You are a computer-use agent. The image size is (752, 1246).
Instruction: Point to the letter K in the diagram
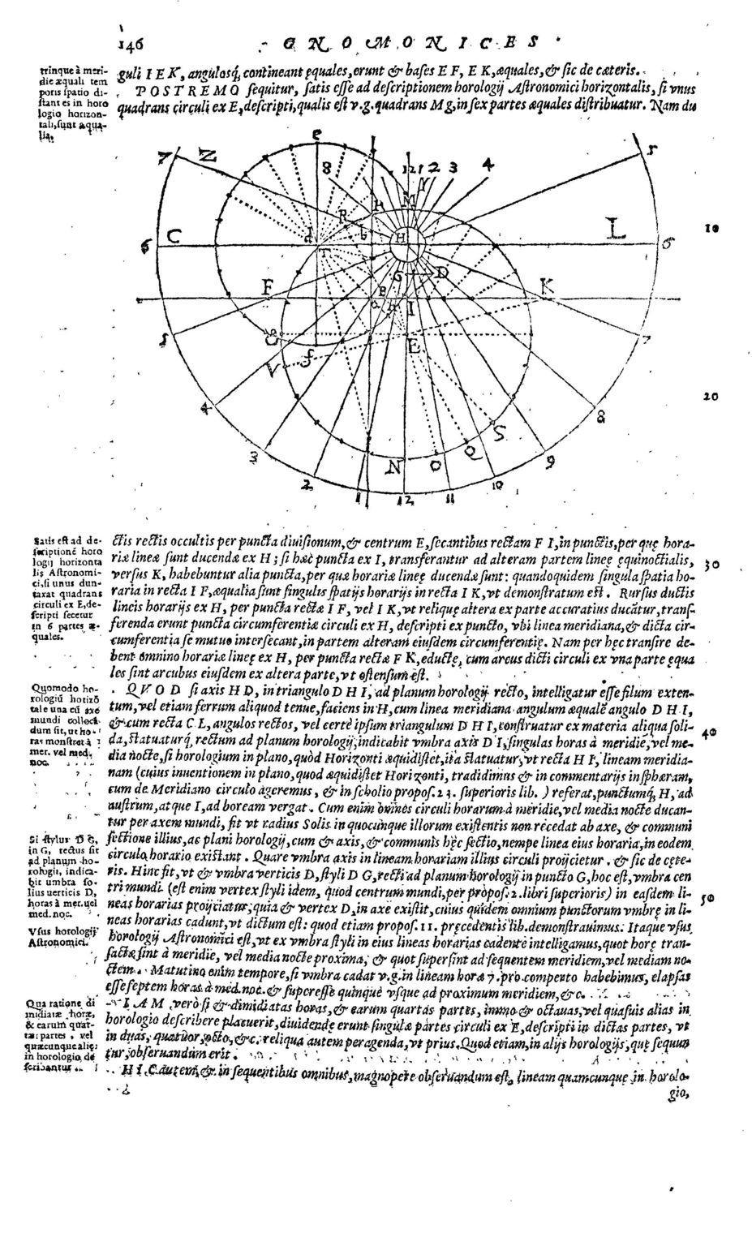coord(548,287)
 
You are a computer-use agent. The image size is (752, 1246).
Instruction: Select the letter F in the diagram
coord(266,288)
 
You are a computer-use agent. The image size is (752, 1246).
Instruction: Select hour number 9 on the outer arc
coord(550,462)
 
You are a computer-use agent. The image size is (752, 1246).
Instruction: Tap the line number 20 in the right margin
coord(711,397)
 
